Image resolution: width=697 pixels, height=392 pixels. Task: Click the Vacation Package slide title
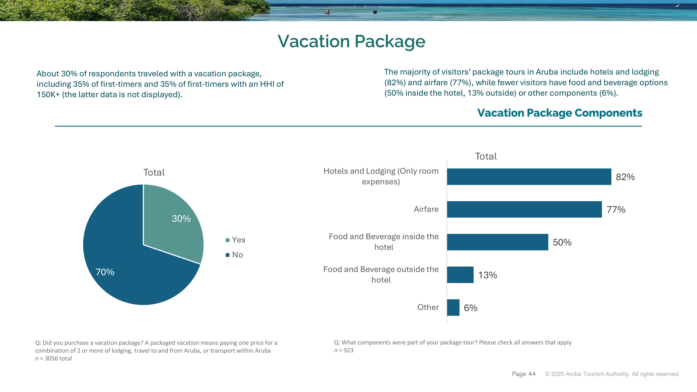351,41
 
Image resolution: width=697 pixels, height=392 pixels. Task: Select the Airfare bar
524,209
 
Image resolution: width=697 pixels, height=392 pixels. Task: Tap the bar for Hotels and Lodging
529,177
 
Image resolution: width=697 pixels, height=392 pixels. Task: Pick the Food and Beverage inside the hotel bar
498,242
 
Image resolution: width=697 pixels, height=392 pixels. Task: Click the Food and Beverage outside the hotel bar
460,275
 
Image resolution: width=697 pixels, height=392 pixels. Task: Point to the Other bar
453,308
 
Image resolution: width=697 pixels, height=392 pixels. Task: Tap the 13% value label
488,275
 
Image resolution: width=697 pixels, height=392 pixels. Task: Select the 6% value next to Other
470,308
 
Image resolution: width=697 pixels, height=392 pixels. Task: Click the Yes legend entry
235,240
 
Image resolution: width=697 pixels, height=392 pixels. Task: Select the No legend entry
234,255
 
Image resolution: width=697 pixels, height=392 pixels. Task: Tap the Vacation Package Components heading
560,113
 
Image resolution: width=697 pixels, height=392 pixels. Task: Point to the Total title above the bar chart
486,156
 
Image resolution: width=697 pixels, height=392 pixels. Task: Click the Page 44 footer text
524,374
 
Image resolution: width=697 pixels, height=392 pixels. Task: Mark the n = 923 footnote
344,350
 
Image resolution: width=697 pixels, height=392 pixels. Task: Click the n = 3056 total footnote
53,358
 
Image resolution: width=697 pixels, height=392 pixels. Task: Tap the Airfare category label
426,209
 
